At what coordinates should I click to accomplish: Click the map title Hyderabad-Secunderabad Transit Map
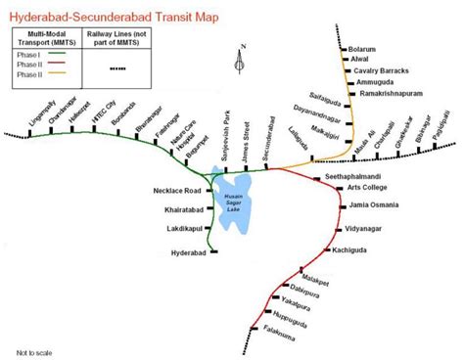tap(115, 18)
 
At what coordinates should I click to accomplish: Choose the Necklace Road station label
tap(176, 190)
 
